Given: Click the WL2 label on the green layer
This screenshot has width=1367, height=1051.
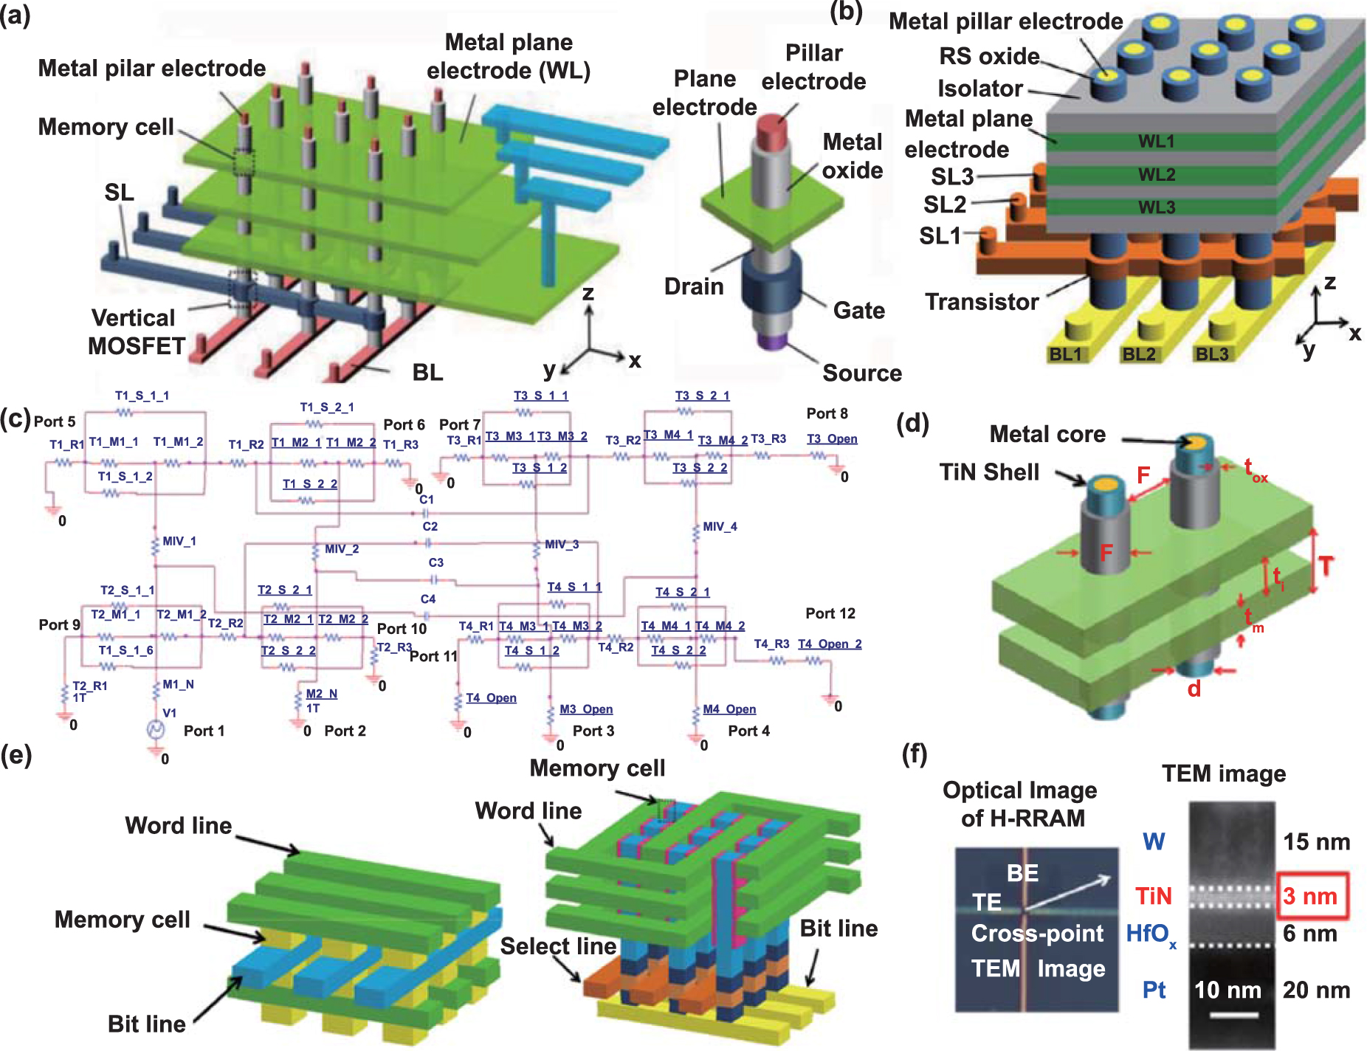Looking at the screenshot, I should (x=1156, y=175).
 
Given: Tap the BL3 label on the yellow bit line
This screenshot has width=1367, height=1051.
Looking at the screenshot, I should (x=1212, y=354).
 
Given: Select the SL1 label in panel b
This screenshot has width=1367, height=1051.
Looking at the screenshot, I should (x=940, y=236).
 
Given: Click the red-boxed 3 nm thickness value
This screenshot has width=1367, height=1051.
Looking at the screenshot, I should (x=1311, y=896).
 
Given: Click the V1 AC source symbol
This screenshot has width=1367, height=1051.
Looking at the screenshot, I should (x=156, y=730).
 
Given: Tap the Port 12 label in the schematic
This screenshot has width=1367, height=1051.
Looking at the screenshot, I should (x=830, y=613).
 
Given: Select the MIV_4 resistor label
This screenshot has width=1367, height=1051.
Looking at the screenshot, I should (x=720, y=526).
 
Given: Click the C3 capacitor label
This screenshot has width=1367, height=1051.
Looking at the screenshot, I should (x=436, y=562).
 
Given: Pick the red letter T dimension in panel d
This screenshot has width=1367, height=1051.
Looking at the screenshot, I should (x=1326, y=567).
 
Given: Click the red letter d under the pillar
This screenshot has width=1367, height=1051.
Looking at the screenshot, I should (x=1194, y=689).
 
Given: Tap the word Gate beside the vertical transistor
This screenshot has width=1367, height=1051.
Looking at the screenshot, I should (x=859, y=311).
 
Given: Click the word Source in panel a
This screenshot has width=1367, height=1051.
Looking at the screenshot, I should (x=862, y=373).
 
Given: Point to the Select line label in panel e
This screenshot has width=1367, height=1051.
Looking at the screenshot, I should (x=558, y=946).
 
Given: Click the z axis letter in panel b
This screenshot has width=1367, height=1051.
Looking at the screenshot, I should (x=1330, y=283).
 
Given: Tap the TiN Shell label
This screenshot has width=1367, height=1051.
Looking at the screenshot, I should (x=989, y=472).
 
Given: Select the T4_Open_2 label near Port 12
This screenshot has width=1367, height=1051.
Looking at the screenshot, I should (x=830, y=644).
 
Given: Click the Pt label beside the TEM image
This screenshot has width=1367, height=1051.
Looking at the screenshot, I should (x=1154, y=990).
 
